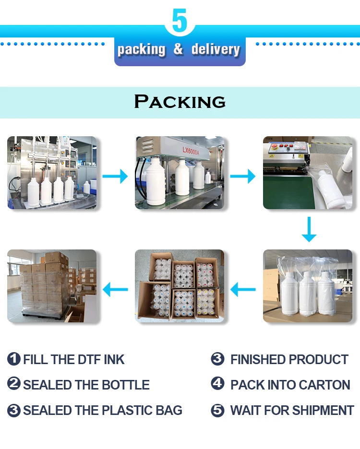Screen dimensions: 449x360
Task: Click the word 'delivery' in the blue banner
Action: (x=215, y=49)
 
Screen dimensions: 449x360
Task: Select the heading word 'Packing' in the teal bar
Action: (x=180, y=102)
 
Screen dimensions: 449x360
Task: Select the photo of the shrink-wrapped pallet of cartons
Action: (x=52, y=285)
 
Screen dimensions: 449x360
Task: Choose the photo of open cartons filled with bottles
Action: (x=180, y=285)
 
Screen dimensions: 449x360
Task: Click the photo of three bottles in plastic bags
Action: (x=308, y=285)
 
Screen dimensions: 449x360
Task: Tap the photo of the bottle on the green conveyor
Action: (x=308, y=173)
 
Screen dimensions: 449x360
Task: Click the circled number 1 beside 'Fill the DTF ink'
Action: (x=14, y=359)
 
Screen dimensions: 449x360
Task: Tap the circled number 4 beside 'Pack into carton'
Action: (x=218, y=385)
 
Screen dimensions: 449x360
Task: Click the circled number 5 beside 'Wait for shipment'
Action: (x=218, y=410)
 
